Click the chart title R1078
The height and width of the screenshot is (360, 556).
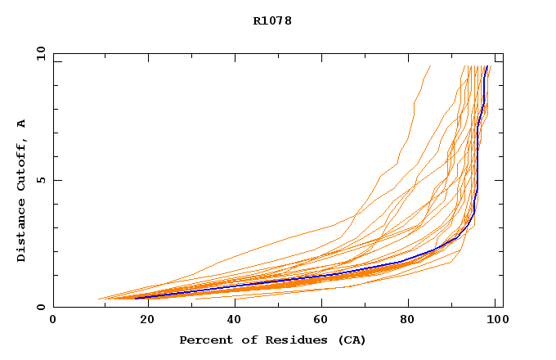[272, 20]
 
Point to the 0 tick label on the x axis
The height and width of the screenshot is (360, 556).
[53, 319]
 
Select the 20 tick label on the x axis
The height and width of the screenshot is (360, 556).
[143, 319]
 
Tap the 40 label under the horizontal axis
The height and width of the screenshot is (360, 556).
[231, 319]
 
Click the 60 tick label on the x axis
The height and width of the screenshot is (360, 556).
[321, 319]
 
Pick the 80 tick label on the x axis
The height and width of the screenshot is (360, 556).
[410, 319]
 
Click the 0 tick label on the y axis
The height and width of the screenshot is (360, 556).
[40, 307]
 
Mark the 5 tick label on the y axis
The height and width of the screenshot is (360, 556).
[40, 180]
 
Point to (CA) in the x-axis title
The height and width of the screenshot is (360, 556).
[349, 340]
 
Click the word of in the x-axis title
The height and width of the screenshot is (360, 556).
[244, 340]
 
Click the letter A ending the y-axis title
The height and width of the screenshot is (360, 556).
[21, 124]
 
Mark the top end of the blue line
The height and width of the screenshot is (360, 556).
[487, 66]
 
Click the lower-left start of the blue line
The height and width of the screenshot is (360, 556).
[136, 298]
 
